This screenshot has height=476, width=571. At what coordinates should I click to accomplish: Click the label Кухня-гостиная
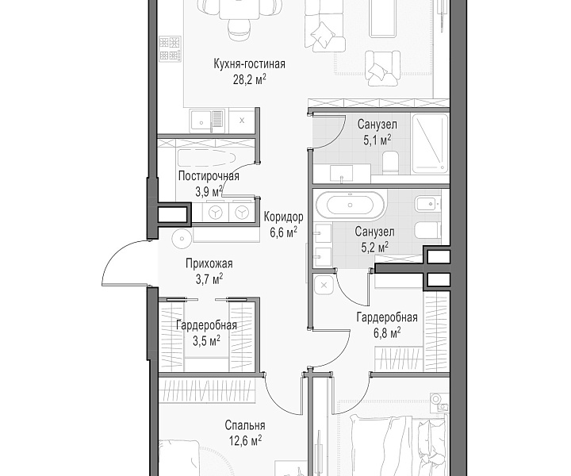tap(249, 64)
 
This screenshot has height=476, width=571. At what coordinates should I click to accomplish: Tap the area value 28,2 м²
tap(249, 79)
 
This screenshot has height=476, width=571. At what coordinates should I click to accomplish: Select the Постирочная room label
tap(209, 176)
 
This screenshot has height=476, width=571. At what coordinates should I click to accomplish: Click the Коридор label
tap(283, 217)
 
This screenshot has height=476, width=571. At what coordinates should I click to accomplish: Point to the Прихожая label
tap(209, 263)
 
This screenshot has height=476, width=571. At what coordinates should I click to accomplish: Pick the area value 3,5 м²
tap(206, 341)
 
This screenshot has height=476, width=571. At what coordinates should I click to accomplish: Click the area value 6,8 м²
tap(387, 333)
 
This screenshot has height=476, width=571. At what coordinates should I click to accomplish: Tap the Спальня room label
tap(245, 425)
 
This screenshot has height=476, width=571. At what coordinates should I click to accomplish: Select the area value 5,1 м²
tap(377, 140)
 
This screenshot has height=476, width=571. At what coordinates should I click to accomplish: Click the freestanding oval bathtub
tap(350, 205)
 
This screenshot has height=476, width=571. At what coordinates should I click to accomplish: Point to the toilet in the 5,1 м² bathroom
tap(391, 162)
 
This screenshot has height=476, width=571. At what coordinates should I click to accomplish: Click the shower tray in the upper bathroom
tap(430, 143)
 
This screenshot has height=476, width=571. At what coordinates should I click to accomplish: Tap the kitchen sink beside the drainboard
tap(200, 121)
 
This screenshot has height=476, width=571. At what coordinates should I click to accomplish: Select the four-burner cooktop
tap(170, 48)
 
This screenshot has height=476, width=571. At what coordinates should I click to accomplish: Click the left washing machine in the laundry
tap(216, 213)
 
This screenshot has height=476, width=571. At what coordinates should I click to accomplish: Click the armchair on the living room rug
tap(382, 68)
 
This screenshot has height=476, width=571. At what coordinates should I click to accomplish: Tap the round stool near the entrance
tap(182, 239)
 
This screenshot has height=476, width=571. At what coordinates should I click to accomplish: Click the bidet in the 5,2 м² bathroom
tap(427, 205)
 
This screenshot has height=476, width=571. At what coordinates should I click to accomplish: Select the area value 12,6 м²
tap(245, 441)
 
